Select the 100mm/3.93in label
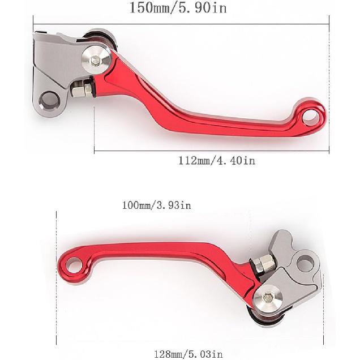click(157, 205)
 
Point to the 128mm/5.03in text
click(188, 354)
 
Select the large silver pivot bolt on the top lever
click(96, 58)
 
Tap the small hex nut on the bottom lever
click(262, 263)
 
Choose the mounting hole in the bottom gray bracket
click(305, 263)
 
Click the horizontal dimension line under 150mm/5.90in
click(181, 24)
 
